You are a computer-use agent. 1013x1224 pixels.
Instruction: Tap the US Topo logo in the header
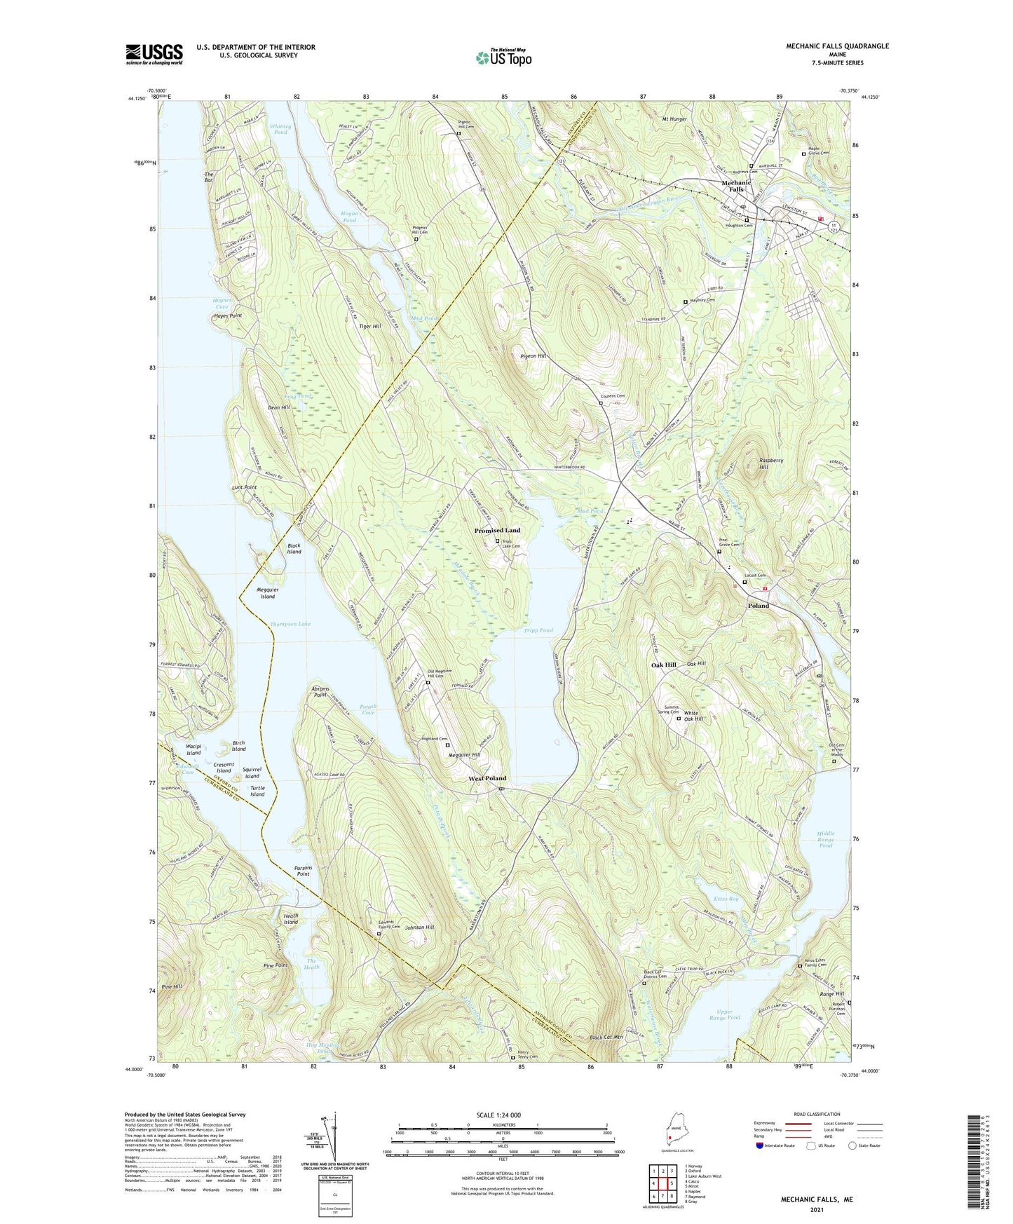pos(504,58)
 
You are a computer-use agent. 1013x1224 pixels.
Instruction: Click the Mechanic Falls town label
pos(736,186)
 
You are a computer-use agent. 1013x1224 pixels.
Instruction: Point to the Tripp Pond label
pos(538,630)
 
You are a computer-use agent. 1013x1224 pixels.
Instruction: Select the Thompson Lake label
pos(290,624)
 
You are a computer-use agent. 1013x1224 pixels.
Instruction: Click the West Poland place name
pos(487,778)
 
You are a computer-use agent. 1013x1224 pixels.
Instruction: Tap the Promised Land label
pos(497,531)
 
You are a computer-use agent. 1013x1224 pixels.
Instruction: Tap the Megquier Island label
pos(267,593)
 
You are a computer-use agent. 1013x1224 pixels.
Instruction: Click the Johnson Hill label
pos(419,927)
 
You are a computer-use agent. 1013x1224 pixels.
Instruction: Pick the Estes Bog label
pos(726,898)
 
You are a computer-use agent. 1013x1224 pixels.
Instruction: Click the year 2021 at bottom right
pos(817,1209)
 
